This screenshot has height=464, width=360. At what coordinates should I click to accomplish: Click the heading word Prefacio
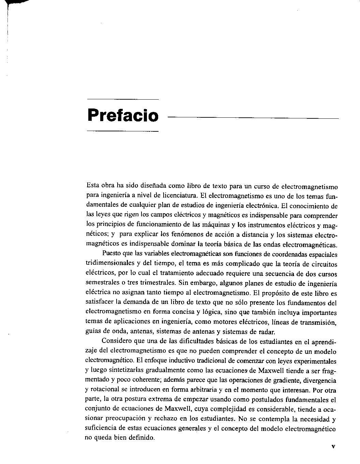pyautogui.click(x=123, y=115)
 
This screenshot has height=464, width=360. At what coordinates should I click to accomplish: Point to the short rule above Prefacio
pyautogui.click(x=123, y=99)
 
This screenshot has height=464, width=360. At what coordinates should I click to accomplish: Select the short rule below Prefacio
pyautogui.click(x=123, y=131)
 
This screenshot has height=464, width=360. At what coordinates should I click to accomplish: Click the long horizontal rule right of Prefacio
pyautogui.click(x=253, y=118)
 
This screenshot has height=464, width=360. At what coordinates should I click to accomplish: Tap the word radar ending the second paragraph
pyautogui.click(x=267, y=332)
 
